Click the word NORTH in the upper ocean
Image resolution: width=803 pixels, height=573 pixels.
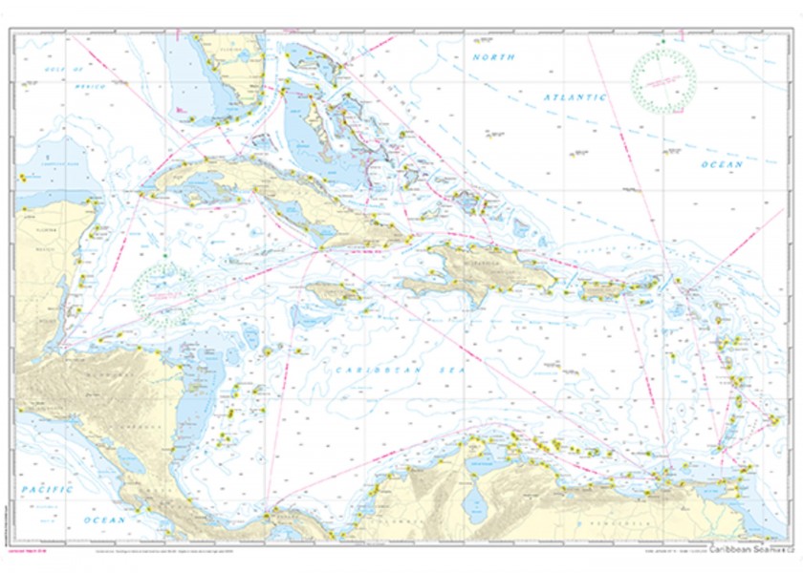coord(493,57)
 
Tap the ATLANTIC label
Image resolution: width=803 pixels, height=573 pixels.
coord(575,97)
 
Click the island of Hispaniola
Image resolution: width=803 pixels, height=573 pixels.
coord(478,267)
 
